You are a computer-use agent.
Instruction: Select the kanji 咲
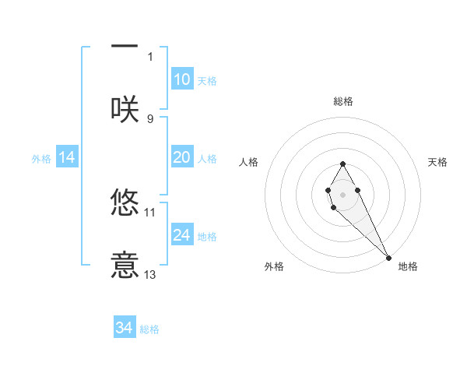125,108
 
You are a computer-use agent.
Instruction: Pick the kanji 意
125,264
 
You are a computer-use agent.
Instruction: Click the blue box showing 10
182,79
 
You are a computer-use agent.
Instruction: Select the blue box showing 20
182,157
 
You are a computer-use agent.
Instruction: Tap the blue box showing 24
182,235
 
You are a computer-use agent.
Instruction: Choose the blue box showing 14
67,157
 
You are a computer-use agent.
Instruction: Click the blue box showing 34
125,328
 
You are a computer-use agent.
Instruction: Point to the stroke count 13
150,275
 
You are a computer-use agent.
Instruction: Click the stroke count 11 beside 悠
150,212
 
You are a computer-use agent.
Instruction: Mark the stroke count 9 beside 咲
150,118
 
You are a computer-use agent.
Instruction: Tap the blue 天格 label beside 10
207,81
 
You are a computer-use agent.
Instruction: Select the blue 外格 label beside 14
41,159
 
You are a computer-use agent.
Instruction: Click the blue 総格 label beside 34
149,329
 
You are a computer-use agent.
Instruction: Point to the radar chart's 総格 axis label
343,101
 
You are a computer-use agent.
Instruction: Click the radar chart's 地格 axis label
408,266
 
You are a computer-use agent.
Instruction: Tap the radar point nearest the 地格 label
388,257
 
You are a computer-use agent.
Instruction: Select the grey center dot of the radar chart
342,193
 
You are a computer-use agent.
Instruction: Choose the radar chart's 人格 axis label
248,162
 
